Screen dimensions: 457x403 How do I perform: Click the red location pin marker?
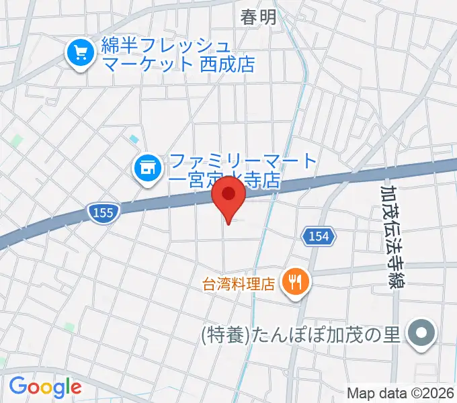tap(229, 196)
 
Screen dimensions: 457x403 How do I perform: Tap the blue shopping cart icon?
tap(81, 52)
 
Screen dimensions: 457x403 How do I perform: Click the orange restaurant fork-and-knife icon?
tap(294, 279)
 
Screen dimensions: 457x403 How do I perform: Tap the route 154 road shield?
tap(317, 236)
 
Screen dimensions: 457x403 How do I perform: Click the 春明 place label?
tap(259, 17)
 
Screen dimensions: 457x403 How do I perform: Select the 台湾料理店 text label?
tap(240, 284)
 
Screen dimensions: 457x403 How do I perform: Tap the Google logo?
tap(45, 387)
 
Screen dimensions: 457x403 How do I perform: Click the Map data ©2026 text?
tap(401, 393)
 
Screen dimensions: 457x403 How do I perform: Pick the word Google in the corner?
tap(45, 387)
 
